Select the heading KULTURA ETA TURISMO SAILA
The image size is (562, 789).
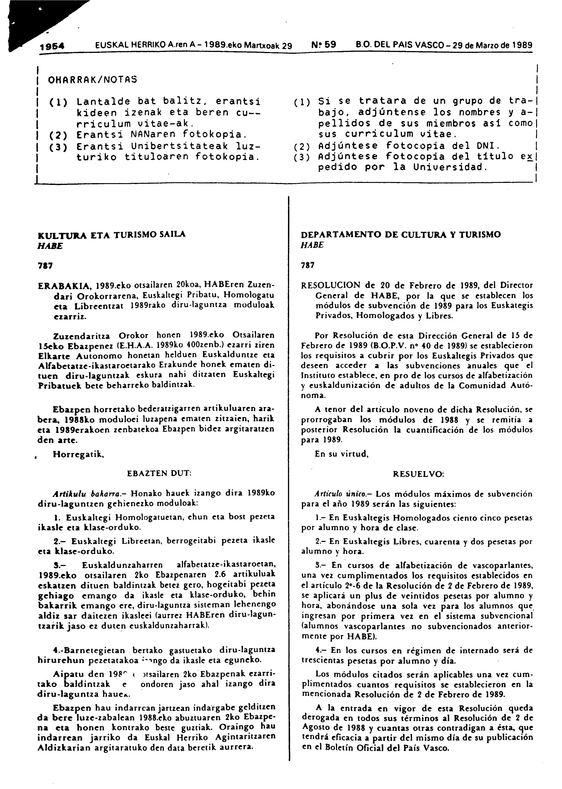(111, 234)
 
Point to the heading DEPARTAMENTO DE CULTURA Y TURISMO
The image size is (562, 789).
(401, 235)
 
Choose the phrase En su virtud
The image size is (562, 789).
(341, 454)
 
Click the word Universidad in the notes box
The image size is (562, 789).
(449, 167)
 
